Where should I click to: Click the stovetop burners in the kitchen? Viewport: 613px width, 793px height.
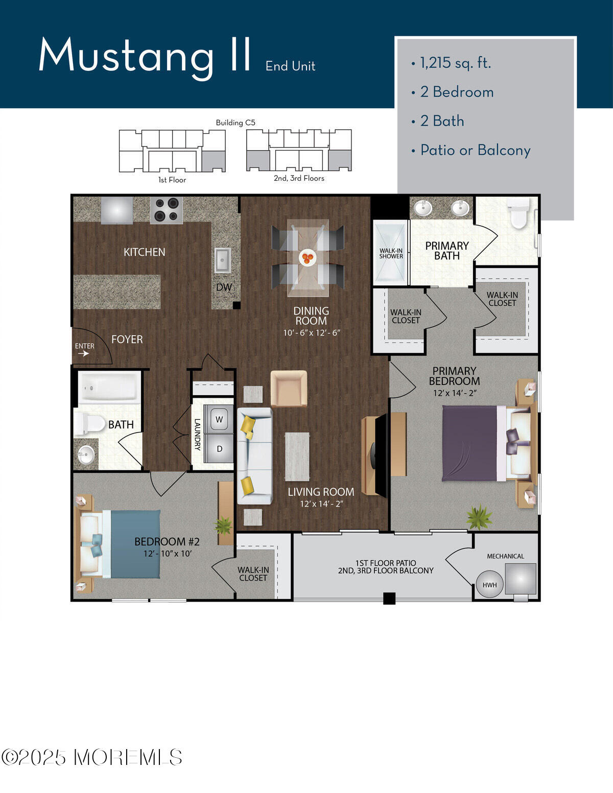166,210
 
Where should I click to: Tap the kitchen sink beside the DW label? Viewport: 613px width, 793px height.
222,260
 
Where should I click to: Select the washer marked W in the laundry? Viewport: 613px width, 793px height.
219,419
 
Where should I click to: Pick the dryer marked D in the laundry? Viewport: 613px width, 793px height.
219,448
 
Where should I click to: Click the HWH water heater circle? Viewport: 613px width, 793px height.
489,585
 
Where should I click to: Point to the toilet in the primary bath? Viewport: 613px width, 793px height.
520,213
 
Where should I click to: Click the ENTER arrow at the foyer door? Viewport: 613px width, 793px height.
84,353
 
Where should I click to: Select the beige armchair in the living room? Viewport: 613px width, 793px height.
289,388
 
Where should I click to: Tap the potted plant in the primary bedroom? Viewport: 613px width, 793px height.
479,517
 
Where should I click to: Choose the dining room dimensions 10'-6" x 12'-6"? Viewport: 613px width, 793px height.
312,333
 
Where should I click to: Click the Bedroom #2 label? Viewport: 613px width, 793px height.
167,542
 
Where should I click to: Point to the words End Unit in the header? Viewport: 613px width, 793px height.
290,66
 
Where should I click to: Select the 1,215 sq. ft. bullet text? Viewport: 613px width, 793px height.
455,63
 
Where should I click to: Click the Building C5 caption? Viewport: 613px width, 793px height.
235,123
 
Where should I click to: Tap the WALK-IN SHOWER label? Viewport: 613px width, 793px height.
391,253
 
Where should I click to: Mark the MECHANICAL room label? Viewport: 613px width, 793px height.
505,556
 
